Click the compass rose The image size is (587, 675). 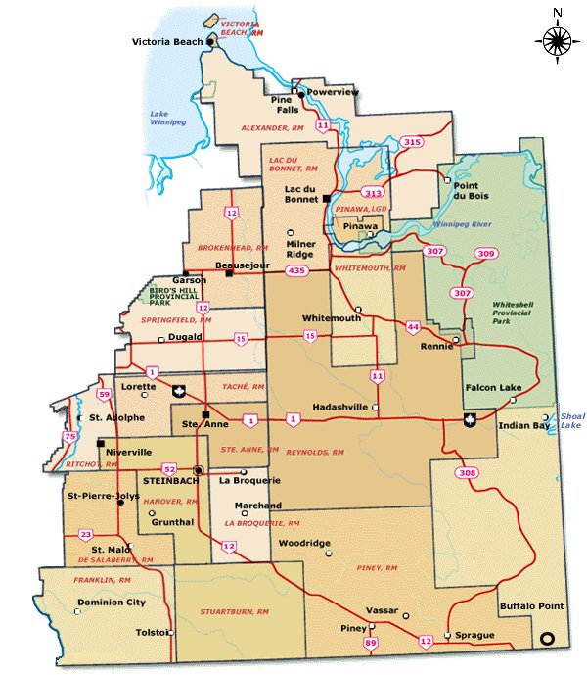[557, 39]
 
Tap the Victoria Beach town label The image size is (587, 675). [167, 42]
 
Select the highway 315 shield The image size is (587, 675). [412, 143]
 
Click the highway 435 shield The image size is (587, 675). [296, 269]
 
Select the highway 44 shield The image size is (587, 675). [413, 326]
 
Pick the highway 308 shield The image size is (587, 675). [467, 473]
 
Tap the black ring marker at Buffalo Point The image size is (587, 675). [548, 639]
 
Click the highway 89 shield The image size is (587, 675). [370, 643]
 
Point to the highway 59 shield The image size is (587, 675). [104, 394]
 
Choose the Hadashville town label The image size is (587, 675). [339, 407]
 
